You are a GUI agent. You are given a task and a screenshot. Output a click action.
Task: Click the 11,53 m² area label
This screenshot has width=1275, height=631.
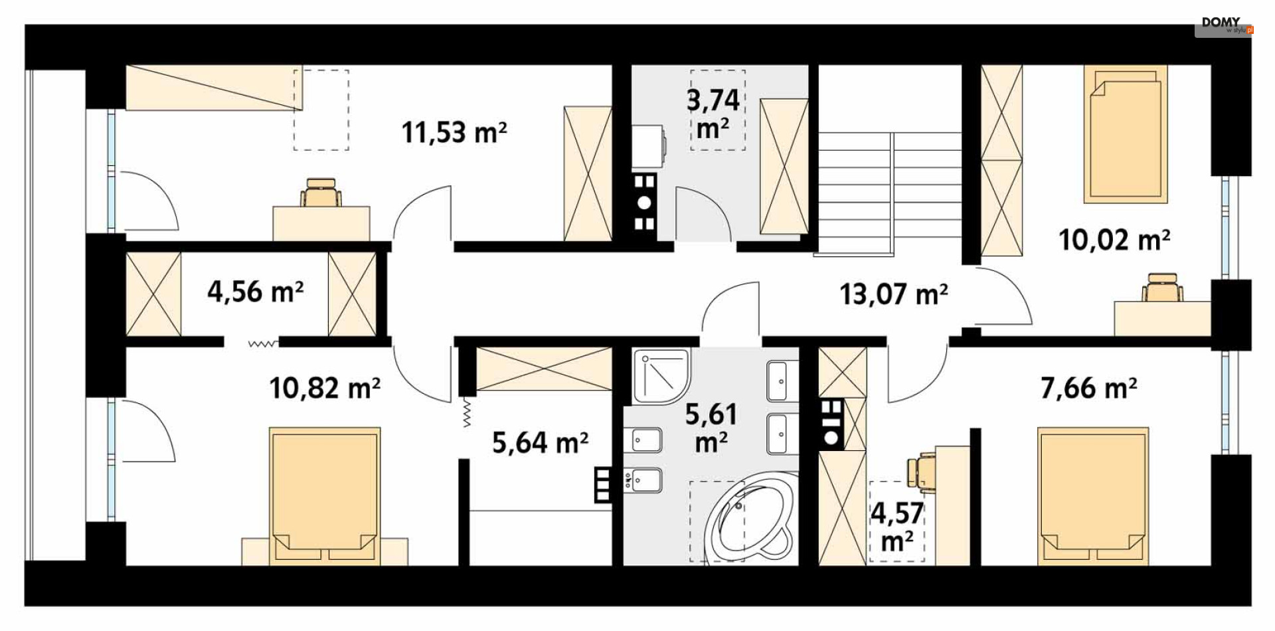(x=454, y=132)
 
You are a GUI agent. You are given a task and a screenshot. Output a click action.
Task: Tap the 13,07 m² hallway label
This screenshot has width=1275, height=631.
(x=894, y=294)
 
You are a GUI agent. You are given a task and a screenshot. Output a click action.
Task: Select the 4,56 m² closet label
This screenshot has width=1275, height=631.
(x=256, y=291)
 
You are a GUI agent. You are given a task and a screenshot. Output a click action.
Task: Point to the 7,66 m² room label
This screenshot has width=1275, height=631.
(x=1088, y=388)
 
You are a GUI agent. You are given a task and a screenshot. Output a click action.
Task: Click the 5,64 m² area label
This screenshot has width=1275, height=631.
(x=540, y=442)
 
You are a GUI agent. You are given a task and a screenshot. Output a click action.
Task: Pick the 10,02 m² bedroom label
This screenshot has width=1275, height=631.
(x=1114, y=239)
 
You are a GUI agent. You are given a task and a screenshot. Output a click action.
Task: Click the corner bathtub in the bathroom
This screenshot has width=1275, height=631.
(x=748, y=521)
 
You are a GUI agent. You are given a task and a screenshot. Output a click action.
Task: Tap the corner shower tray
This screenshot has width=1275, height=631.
(x=661, y=376)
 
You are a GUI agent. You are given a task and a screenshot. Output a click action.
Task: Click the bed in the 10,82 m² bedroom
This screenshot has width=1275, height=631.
(x=325, y=496)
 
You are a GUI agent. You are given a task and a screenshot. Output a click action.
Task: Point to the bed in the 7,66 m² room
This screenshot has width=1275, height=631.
(x=1093, y=496)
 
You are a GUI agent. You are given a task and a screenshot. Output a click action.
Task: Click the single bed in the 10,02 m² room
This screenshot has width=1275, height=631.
(x=1126, y=134)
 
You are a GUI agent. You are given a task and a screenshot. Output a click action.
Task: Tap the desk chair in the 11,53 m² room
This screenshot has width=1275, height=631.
(x=321, y=193)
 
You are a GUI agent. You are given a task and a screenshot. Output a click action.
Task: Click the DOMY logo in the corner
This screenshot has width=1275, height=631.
(x=1223, y=25)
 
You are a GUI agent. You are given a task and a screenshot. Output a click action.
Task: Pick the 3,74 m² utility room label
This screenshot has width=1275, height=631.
(x=713, y=113)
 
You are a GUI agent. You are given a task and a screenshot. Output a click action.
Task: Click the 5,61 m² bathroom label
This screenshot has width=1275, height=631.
(x=711, y=428)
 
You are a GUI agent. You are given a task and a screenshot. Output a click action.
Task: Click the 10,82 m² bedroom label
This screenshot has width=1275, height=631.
(x=325, y=387)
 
